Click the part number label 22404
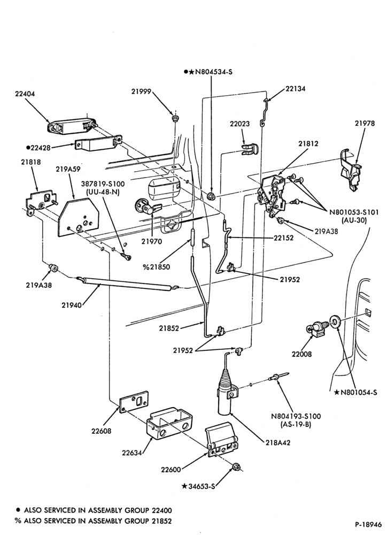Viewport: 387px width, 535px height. tap(25, 94)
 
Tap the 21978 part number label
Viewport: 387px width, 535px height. tap(365, 123)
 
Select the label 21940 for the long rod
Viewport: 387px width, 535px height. tap(72, 305)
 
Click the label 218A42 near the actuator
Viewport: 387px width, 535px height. tap(277, 442)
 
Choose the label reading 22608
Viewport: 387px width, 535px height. tap(101, 431)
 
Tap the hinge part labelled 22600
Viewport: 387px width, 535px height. tap(222, 440)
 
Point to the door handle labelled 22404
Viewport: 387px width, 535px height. tap(71, 126)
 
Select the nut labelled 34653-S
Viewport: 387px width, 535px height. tap(235, 467)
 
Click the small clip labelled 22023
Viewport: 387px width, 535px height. tap(250, 149)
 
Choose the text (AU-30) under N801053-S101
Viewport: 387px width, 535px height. tap(353, 220)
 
